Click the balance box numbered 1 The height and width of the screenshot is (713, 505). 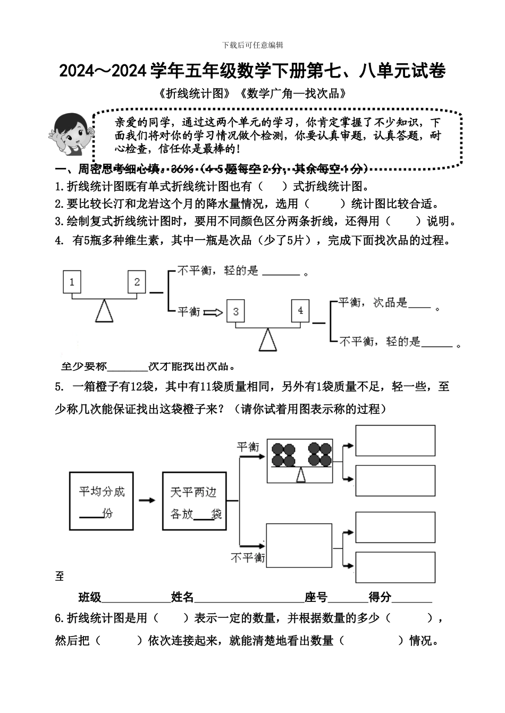pos(72,282)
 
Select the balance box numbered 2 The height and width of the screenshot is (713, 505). pos(137,282)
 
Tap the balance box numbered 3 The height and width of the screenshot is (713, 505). pos(236,311)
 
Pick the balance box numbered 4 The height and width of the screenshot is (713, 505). pos(300,310)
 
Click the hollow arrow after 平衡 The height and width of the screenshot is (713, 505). pos(213,312)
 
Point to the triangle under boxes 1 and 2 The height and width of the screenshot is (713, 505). pos(104,311)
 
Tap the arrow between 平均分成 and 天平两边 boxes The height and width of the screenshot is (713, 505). pos(147,500)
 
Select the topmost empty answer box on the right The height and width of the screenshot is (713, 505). pos(395,440)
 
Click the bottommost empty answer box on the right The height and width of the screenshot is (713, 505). pos(395,567)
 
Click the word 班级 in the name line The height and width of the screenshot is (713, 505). pos(90,597)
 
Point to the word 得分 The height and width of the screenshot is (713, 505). pos(380,597)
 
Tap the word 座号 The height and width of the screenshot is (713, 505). pos(316,597)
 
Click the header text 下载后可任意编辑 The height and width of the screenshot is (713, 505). pos(252,45)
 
